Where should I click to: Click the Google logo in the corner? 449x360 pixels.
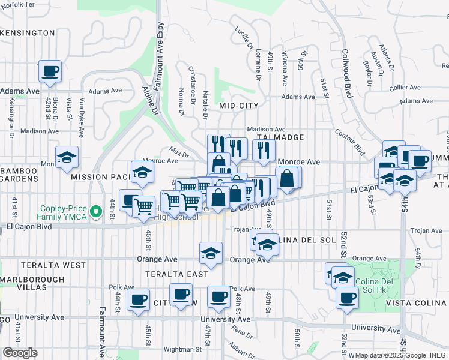[20, 353]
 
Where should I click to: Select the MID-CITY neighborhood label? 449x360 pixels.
[238, 106]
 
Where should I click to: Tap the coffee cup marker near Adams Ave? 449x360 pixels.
[50, 71]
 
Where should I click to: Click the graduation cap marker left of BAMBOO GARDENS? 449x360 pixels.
[67, 158]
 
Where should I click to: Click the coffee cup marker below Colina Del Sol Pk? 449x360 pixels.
[346, 298]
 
